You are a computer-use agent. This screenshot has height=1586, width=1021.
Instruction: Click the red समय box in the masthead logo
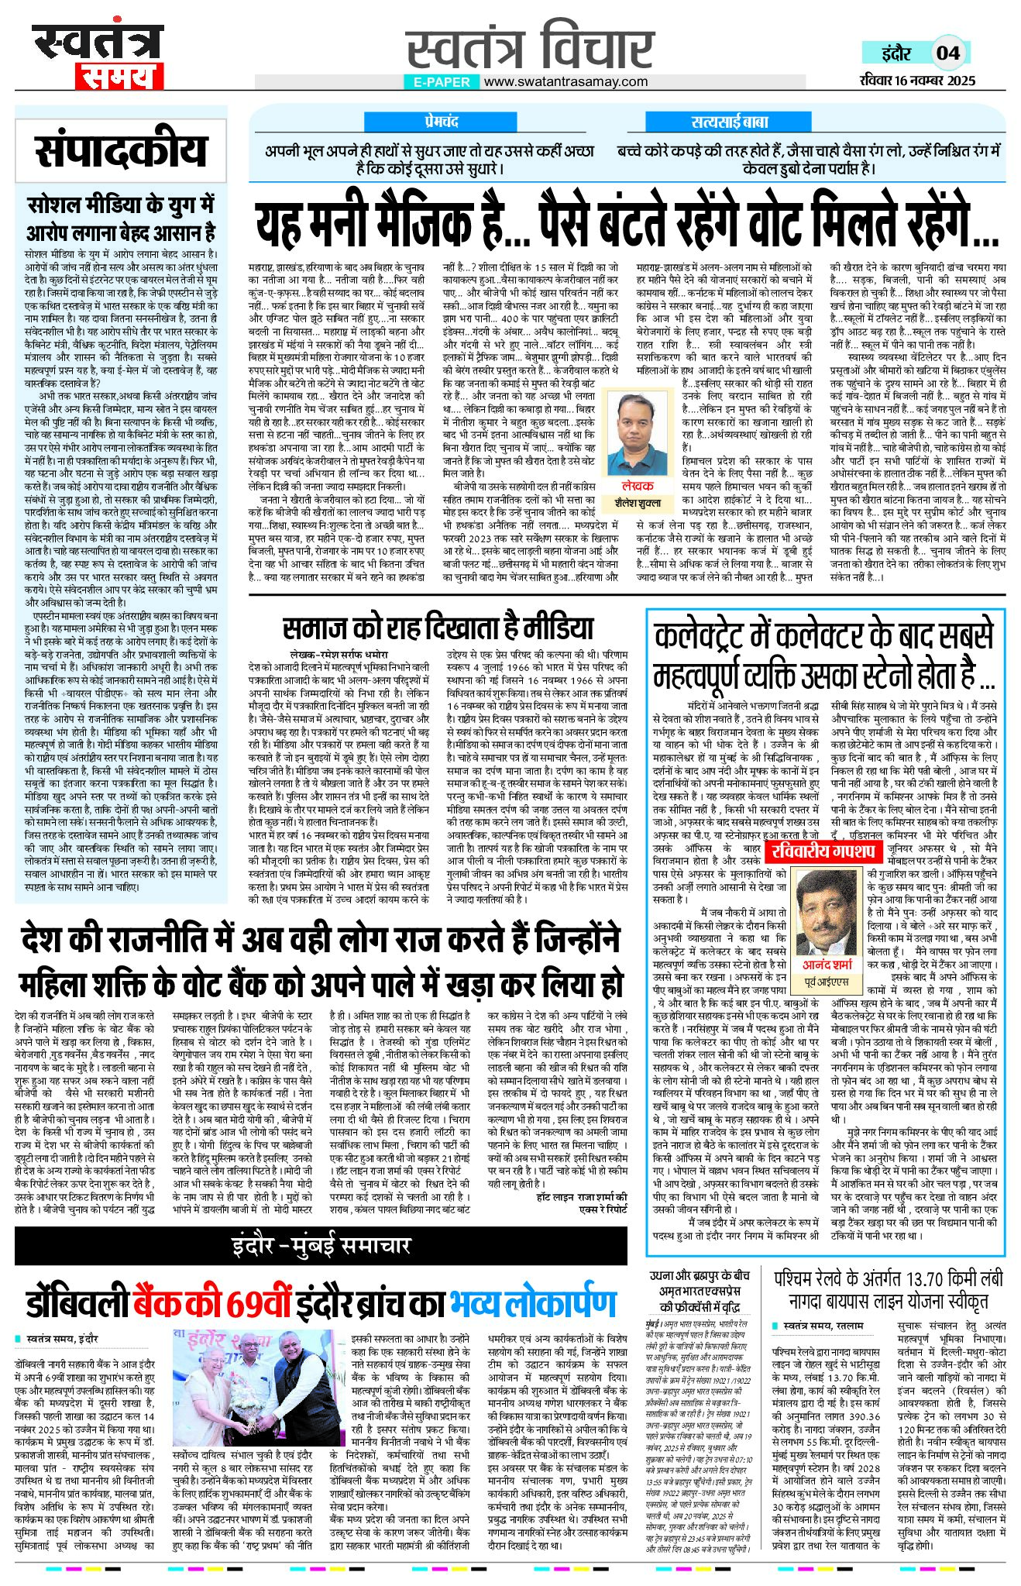(x=119, y=75)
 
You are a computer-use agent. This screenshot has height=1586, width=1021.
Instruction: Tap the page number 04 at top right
(x=948, y=53)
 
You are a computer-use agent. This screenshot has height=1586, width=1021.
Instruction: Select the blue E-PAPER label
(x=442, y=81)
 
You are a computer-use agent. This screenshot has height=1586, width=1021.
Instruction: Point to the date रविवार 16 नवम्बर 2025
(x=917, y=81)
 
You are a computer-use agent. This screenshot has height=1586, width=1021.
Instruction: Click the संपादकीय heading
(x=121, y=151)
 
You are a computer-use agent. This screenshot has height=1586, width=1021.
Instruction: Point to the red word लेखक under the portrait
(x=638, y=486)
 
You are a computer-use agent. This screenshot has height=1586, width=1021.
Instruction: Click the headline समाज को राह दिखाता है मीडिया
(x=438, y=628)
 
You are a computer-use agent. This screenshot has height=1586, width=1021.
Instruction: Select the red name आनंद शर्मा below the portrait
(x=827, y=965)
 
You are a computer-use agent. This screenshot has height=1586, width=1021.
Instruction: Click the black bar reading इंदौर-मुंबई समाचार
(x=321, y=1245)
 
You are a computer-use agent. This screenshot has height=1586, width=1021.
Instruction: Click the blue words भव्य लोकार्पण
(x=533, y=1305)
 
